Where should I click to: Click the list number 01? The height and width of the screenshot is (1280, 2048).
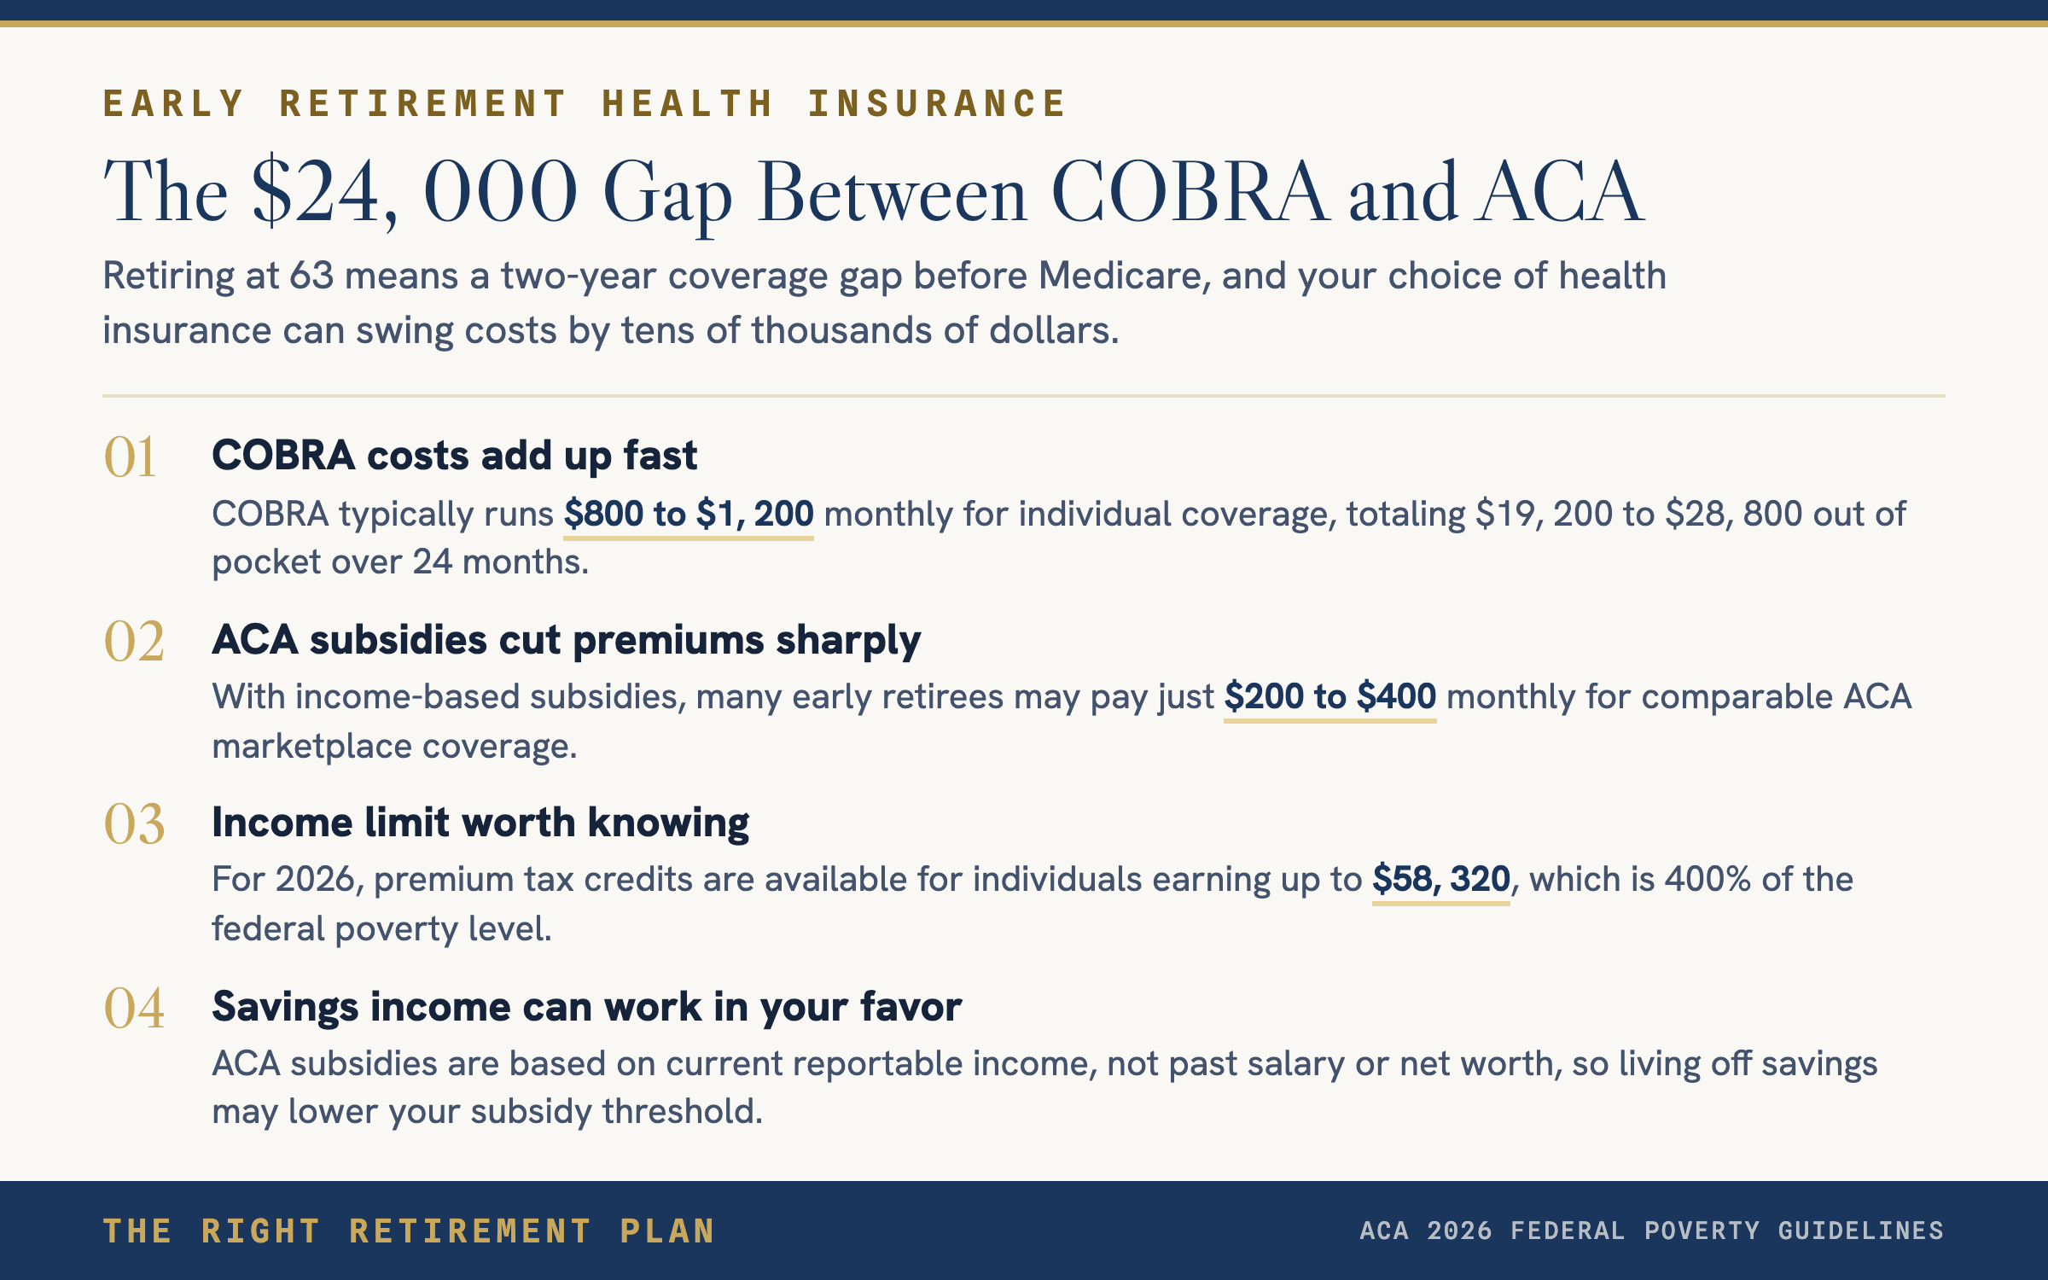coord(130,457)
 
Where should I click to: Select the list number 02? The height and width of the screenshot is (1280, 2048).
coord(134,641)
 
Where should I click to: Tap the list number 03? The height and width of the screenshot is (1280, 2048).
coord(134,824)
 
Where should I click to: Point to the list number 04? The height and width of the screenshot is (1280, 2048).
coord(134,1008)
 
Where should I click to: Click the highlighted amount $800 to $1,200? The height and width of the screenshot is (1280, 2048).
coord(689,514)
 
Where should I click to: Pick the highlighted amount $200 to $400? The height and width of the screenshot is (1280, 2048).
coord(1330,696)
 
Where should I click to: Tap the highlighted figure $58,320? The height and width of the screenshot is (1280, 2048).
coord(1441,879)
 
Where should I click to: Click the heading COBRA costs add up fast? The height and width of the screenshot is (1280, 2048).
coord(455,456)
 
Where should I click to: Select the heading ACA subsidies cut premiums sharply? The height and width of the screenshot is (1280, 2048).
coord(567,640)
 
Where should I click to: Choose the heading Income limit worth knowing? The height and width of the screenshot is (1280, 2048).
coord(480,823)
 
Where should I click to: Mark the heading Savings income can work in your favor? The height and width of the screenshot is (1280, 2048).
coord(587,1007)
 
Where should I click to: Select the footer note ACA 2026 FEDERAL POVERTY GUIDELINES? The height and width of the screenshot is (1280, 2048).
coord(1652,1231)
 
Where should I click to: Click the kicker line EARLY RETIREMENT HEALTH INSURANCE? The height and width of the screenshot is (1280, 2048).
coord(585,104)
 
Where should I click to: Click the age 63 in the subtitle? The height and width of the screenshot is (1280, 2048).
coord(311,276)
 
